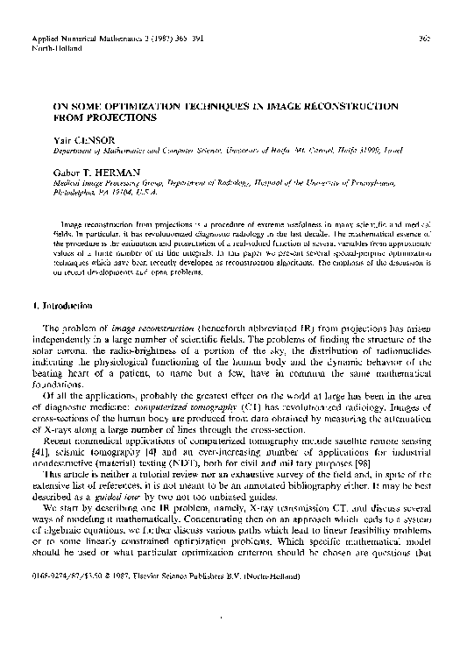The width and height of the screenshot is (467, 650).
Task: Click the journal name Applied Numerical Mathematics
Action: coord(70,40)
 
